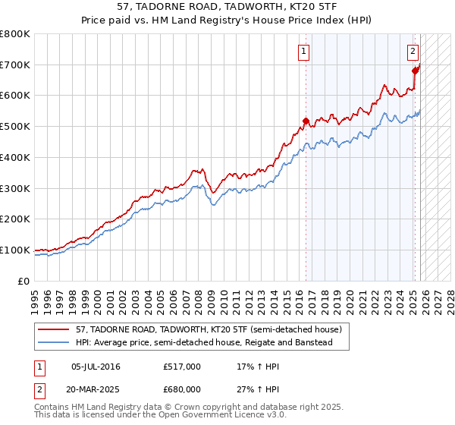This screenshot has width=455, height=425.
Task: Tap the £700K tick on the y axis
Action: [15, 65]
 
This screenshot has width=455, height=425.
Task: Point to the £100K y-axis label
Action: [15, 250]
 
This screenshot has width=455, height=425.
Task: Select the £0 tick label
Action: [24, 281]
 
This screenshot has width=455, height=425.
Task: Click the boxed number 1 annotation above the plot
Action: [303, 52]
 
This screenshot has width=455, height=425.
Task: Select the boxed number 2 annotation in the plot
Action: [413, 52]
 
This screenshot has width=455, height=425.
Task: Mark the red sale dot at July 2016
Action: [306, 121]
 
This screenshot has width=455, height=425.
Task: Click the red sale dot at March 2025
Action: [416, 71]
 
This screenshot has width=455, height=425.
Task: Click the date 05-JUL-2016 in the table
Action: [96, 367]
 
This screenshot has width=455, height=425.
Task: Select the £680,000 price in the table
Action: [182, 389]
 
